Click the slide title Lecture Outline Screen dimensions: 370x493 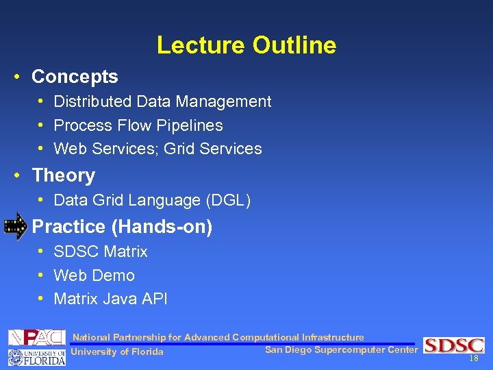[246, 45]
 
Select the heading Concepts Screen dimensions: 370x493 [75, 77]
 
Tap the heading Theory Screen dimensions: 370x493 [63, 175]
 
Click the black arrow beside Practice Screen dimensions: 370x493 [15, 226]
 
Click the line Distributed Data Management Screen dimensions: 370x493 [162, 101]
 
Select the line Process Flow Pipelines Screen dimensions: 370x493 [138, 125]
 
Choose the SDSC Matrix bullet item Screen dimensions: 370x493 [100, 251]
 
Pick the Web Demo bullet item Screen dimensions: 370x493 [94, 275]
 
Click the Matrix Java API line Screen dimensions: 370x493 [110, 299]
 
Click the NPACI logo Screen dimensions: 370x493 [36, 337]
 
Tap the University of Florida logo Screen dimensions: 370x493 [36, 356]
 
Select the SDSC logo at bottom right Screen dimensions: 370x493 [453, 345]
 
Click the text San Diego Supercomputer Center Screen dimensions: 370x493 [340, 350]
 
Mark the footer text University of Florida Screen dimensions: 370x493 [117, 352]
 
